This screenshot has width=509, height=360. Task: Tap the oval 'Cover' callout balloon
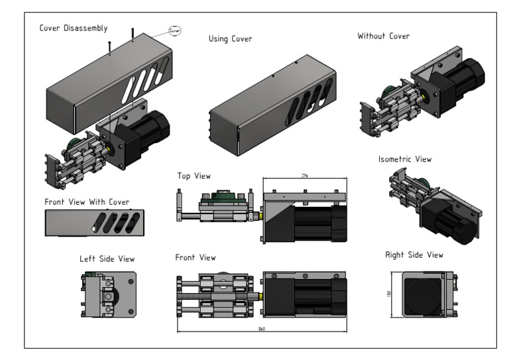[x=175, y=30]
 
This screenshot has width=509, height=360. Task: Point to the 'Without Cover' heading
[x=383, y=35]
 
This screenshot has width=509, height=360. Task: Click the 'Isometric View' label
[x=404, y=159]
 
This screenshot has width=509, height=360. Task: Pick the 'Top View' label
[x=194, y=176]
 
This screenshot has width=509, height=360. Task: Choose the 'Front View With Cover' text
[x=87, y=202]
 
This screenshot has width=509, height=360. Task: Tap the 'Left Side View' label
[x=107, y=259]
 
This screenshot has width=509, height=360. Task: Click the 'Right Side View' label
[x=414, y=254]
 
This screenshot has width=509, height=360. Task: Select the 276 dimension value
[x=306, y=176]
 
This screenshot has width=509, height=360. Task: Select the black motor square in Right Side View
[x=421, y=292]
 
